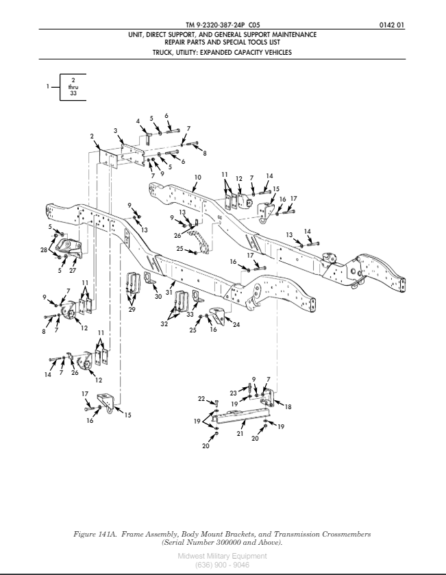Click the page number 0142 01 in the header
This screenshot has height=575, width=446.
click(391, 25)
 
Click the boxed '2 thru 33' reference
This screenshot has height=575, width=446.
click(73, 87)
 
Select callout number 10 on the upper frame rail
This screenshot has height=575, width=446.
click(197, 178)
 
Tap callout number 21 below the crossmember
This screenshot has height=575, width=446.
click(240, 434)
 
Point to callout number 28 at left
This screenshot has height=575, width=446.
click(44, 252)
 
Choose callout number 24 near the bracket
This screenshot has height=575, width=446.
click(236, 324)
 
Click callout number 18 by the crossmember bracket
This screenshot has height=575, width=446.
click(288, 406)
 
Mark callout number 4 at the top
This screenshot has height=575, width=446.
click(138, 122)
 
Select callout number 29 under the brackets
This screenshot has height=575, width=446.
click(132, 310)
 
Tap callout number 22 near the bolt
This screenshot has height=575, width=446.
click(201, 398)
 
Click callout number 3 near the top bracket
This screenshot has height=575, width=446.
click(115, 130)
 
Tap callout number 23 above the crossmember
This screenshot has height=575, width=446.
click(233, 393)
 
